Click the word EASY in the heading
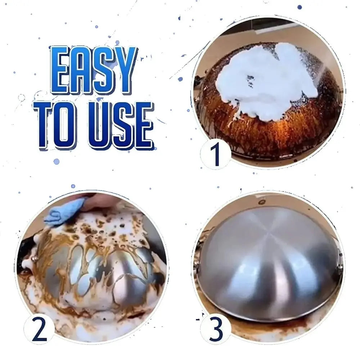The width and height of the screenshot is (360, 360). [x=94, y=70]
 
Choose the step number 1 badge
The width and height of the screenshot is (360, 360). [x=215, y=154]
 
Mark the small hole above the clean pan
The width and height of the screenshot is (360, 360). [x=262, y=202]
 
